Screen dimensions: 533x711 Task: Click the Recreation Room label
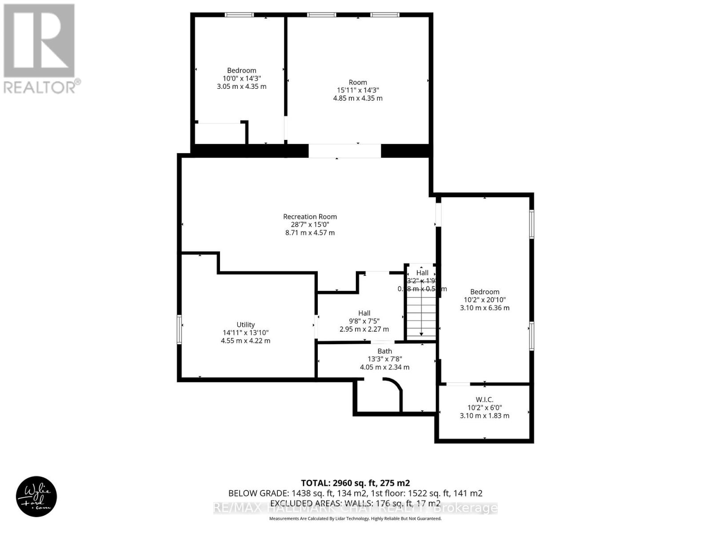coord(310,217)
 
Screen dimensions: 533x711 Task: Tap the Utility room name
coord(245,325)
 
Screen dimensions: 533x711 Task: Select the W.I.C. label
coord(484,399)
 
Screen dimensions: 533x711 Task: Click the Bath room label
coord(384,351)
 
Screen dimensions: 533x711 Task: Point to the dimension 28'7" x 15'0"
coord(310,225)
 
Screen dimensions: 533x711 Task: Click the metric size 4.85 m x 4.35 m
coord(358,98)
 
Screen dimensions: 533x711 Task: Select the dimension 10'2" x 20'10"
coord(484,300)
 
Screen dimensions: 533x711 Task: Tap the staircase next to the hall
coord(421,313)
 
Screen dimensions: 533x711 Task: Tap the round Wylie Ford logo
coord(36,497)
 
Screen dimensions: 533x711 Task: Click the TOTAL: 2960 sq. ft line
coord(355,483)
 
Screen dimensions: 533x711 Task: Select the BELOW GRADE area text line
coord(355,493)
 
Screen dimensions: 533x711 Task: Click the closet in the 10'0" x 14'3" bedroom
coord(220,133)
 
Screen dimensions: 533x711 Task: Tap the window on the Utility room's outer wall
coord(180,329)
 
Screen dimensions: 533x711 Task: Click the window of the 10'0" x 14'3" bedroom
coord(239,15)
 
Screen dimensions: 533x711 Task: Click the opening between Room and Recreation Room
coord(345,151)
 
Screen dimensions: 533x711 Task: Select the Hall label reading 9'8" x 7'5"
coord(364,313)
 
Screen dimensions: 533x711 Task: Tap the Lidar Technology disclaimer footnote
coord(355,518)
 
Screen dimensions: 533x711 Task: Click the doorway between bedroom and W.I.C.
coord(458,384)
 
